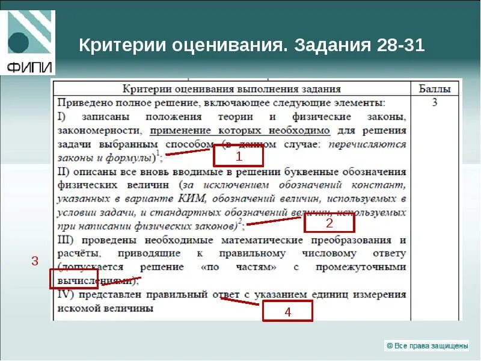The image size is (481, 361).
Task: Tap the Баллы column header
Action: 434,89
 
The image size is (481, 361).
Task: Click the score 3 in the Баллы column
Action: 434,103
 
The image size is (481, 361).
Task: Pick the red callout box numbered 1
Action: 239,156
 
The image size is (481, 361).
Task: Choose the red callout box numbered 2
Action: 329,223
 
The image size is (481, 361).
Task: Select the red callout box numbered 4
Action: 287,312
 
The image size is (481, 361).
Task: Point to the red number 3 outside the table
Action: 35,261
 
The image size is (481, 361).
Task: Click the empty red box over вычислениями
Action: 73,279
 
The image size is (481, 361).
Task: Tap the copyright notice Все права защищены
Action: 426,345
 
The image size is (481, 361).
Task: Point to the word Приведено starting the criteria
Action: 81,103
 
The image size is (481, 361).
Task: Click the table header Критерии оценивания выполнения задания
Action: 231,89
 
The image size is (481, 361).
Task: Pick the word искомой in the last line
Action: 78,308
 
